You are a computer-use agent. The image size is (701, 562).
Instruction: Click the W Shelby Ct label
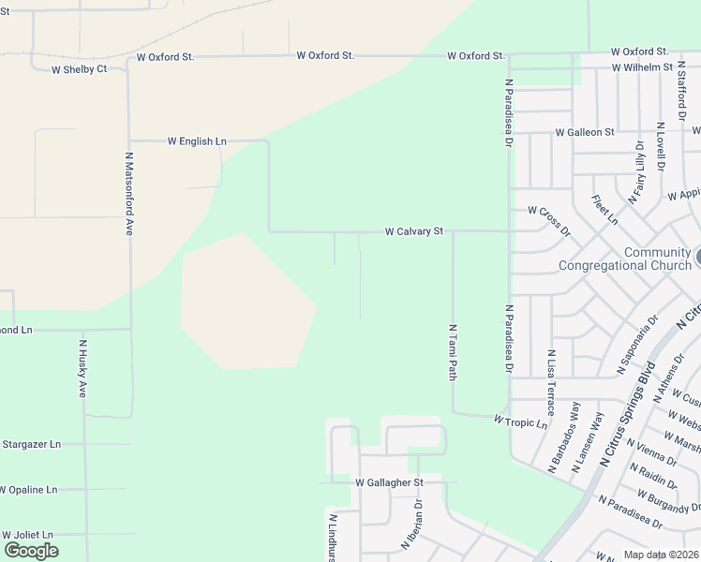pos(79,69)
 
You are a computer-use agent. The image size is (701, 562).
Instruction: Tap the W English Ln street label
pos(197,141)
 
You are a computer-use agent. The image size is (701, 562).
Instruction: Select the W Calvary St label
pos(413,230)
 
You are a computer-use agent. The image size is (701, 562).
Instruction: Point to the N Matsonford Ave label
pos(128,194)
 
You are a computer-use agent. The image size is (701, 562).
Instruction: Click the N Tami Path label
pos(453,352)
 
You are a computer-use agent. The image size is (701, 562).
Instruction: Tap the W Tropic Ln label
pos(520,422)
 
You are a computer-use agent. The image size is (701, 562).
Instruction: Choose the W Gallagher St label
pos(390,482)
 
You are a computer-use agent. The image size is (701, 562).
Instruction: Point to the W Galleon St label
pos(584,133)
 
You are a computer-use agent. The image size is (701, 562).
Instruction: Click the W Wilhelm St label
pos(642,67)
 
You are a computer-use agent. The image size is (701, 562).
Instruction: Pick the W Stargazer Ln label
pos(31,444)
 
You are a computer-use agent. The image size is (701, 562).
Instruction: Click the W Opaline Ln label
pos(28,490)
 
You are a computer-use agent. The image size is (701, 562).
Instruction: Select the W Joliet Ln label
pos(26,534)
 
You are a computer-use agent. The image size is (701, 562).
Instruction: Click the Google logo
pos(31,551)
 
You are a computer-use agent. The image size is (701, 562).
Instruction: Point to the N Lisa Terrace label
pos(551,382)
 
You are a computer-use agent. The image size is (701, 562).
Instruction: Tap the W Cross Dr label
pos(548,219)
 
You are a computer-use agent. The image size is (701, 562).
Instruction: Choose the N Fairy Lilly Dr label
pos(638,172)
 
